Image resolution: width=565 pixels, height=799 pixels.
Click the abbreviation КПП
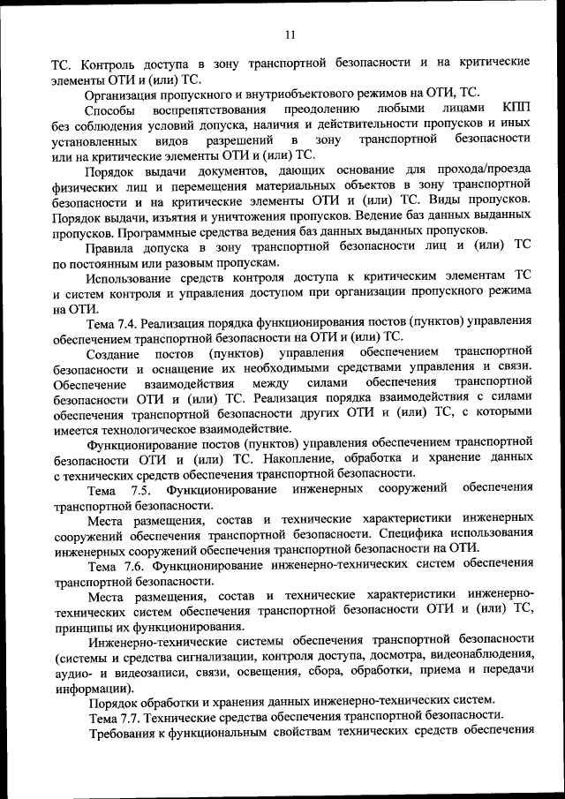(x=516, y=109)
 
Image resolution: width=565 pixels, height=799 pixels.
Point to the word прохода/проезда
(x=482, y=170)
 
